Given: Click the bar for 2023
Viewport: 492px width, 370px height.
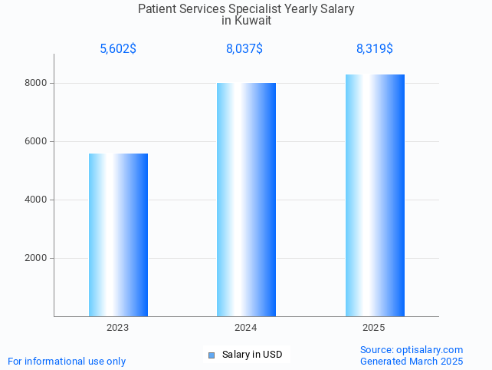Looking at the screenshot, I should tap(118, 235).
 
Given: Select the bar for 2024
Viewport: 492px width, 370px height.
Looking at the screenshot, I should tap(246, 200).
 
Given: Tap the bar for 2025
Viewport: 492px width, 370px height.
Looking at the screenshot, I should tap(375, 195).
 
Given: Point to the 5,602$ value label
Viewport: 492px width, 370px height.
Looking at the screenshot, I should tap(118, 49).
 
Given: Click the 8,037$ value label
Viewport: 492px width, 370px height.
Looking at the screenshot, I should tap(244, 49).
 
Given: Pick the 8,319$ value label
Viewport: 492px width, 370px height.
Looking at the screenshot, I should tap(375, 49).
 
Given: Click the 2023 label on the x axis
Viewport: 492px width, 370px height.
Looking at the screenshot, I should tap(118, 328).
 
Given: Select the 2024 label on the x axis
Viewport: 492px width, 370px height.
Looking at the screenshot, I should tap(246, 328).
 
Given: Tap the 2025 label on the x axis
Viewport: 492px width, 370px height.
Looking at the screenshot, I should tap(374, 328).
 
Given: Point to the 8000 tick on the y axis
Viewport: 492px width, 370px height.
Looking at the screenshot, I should tap(36, 83).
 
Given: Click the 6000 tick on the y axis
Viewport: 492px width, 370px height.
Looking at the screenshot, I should tap(36, 141).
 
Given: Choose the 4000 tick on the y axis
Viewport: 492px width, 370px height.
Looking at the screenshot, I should tap(36, 200).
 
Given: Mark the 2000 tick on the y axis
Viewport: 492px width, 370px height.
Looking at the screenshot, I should tap(36, 258).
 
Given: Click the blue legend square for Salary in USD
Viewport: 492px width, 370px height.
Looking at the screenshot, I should tap(212, 355).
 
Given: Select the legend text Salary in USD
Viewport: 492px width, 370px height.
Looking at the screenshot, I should tap(252, 355).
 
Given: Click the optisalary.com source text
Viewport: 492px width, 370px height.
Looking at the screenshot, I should tap(412, 349).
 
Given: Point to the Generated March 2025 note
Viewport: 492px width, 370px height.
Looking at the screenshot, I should tap(412, 361).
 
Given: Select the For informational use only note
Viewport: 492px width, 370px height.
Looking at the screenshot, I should tap(67, 361).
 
